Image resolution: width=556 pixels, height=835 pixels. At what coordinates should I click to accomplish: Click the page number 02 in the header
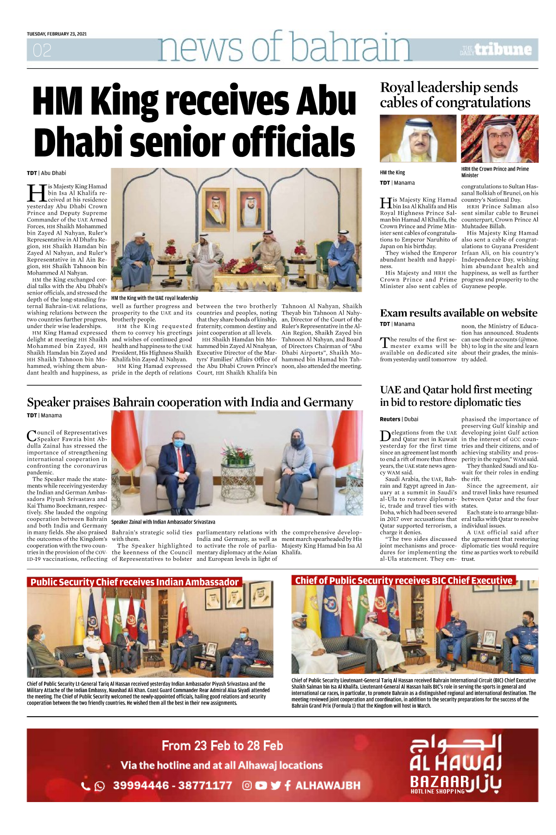point(42,50)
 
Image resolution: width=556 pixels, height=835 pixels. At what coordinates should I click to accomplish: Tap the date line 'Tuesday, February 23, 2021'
point(57,34)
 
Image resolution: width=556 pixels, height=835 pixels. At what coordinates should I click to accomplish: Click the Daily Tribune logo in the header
point(497,50)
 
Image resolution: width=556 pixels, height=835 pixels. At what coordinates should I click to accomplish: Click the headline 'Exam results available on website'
point(458,313)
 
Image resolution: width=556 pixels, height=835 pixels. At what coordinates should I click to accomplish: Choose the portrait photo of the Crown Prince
point(499,139)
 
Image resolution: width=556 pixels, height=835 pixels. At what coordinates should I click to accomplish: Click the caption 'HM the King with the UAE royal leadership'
point(154,298)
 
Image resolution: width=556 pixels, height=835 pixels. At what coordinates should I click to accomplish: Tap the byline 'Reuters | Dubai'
point(399,419)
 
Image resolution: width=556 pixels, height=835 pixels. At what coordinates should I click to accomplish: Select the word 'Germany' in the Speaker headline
point(328,402)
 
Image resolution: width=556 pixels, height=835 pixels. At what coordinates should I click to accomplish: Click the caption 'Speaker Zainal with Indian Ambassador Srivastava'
point(163,522)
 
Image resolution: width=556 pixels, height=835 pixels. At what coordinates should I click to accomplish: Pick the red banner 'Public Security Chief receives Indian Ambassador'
point(134,582)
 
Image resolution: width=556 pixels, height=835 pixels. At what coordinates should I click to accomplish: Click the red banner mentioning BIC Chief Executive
point(403,580)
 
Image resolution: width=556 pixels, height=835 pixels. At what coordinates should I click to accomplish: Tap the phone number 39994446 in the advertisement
point(141,785)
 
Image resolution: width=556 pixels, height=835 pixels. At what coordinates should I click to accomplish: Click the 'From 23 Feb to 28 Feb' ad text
point(222,745)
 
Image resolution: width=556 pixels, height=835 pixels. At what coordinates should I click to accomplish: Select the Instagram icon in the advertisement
point(247,785)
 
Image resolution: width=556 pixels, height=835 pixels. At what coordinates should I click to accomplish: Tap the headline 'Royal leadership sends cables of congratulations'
point(454,95)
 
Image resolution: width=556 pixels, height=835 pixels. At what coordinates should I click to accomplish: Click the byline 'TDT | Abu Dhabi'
point(46,173)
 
